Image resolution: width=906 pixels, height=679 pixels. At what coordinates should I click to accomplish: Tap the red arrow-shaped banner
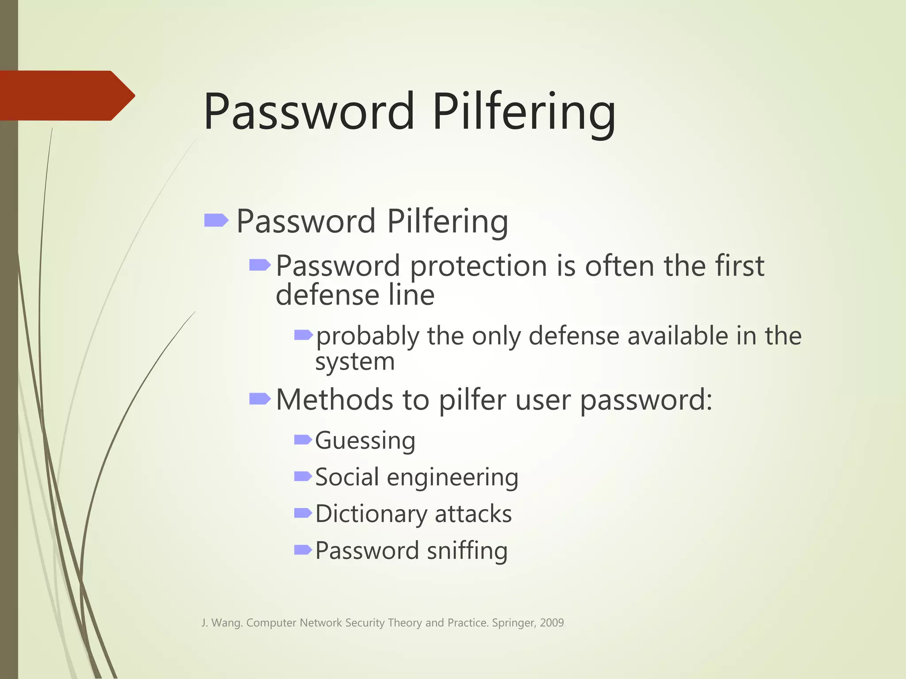(66, 95)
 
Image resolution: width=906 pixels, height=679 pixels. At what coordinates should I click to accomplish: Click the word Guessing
(365, 441)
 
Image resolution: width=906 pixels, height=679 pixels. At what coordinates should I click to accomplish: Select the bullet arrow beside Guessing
(303, 439)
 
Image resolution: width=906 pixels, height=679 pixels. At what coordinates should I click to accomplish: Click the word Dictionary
(371, 514)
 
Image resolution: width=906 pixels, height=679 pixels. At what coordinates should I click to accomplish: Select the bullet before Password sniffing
(303, 549)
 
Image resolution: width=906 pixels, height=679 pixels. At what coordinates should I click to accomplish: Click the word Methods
(334, 400)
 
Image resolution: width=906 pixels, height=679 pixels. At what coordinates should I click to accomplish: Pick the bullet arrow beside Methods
(260, 399)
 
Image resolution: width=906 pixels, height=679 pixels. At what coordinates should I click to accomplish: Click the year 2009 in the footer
(552, 623)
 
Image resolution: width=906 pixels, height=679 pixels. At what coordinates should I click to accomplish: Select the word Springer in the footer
(513, 623)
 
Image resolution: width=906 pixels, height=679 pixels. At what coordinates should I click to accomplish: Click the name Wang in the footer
(227, 623)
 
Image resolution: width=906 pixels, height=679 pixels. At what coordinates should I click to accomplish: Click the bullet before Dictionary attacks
(303, 513)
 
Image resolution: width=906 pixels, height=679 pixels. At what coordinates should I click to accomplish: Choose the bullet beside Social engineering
(303, 476)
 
